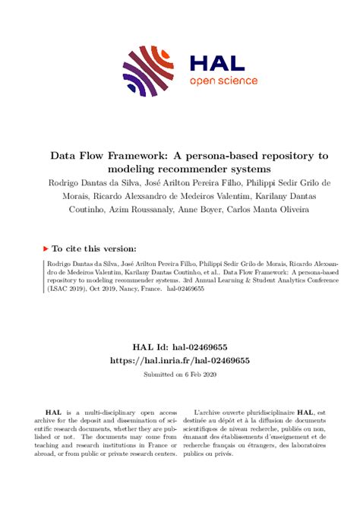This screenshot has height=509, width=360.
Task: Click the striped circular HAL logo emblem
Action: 150,71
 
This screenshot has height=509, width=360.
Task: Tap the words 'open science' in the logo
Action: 223,81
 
